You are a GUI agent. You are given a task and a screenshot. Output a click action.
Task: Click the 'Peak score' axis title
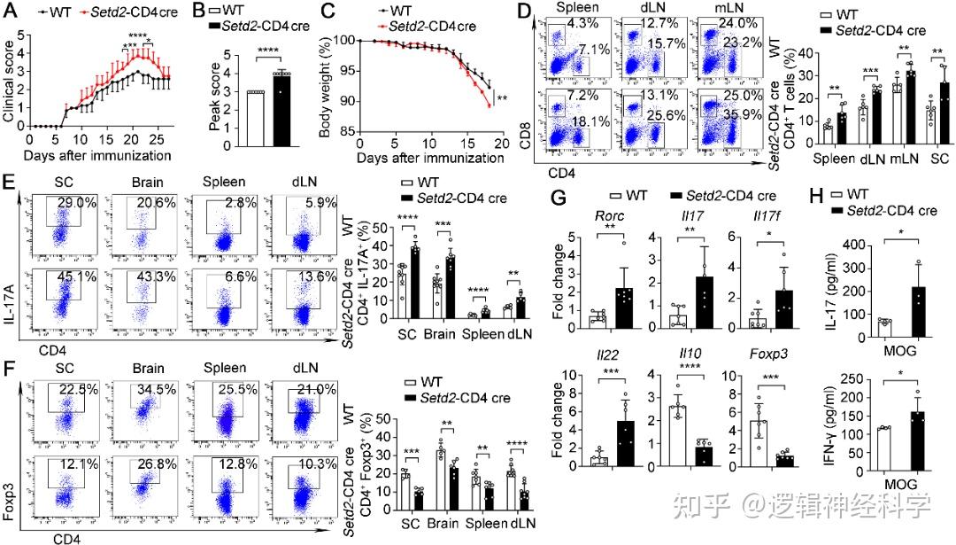pyautogui.click(x=215, y=103)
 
